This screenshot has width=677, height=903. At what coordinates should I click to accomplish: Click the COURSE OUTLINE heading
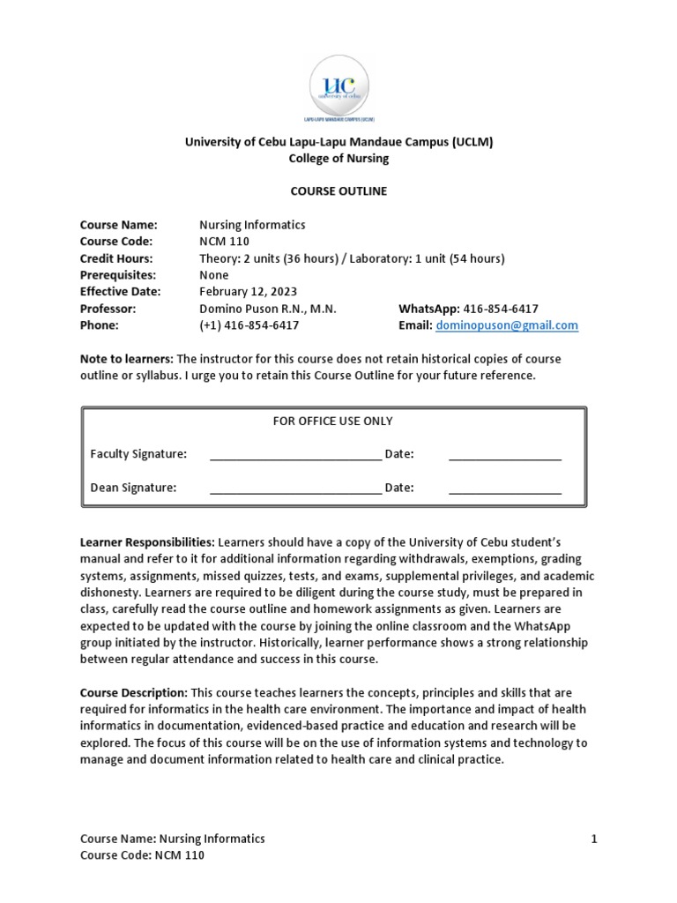tap(338, 191)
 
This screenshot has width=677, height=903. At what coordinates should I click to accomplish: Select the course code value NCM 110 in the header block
tap(225, 242)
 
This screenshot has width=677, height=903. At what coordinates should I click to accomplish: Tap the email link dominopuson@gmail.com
tap(507, 325)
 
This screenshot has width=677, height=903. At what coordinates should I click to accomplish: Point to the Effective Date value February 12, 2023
tap(249, 292)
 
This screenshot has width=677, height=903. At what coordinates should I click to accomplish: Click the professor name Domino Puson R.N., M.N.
tap(268, 309)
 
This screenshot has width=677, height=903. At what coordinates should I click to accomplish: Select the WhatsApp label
tap(428, 309)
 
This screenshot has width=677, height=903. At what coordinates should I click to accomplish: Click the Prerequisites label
tap(117, 275)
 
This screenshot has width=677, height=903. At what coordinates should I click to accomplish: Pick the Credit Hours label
tap(116, 258)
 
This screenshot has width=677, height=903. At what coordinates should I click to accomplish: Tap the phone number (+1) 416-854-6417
tap(249, 325)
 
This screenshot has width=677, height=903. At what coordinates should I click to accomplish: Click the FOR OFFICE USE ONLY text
tap(333, 422)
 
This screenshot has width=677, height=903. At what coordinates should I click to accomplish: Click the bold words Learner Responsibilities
tap(147, 542)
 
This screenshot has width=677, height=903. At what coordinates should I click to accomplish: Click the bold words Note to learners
tap(127, 359)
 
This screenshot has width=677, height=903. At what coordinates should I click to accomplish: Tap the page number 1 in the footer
tap(594, 839)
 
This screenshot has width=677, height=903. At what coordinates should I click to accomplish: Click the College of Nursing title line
tap(338, 159)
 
